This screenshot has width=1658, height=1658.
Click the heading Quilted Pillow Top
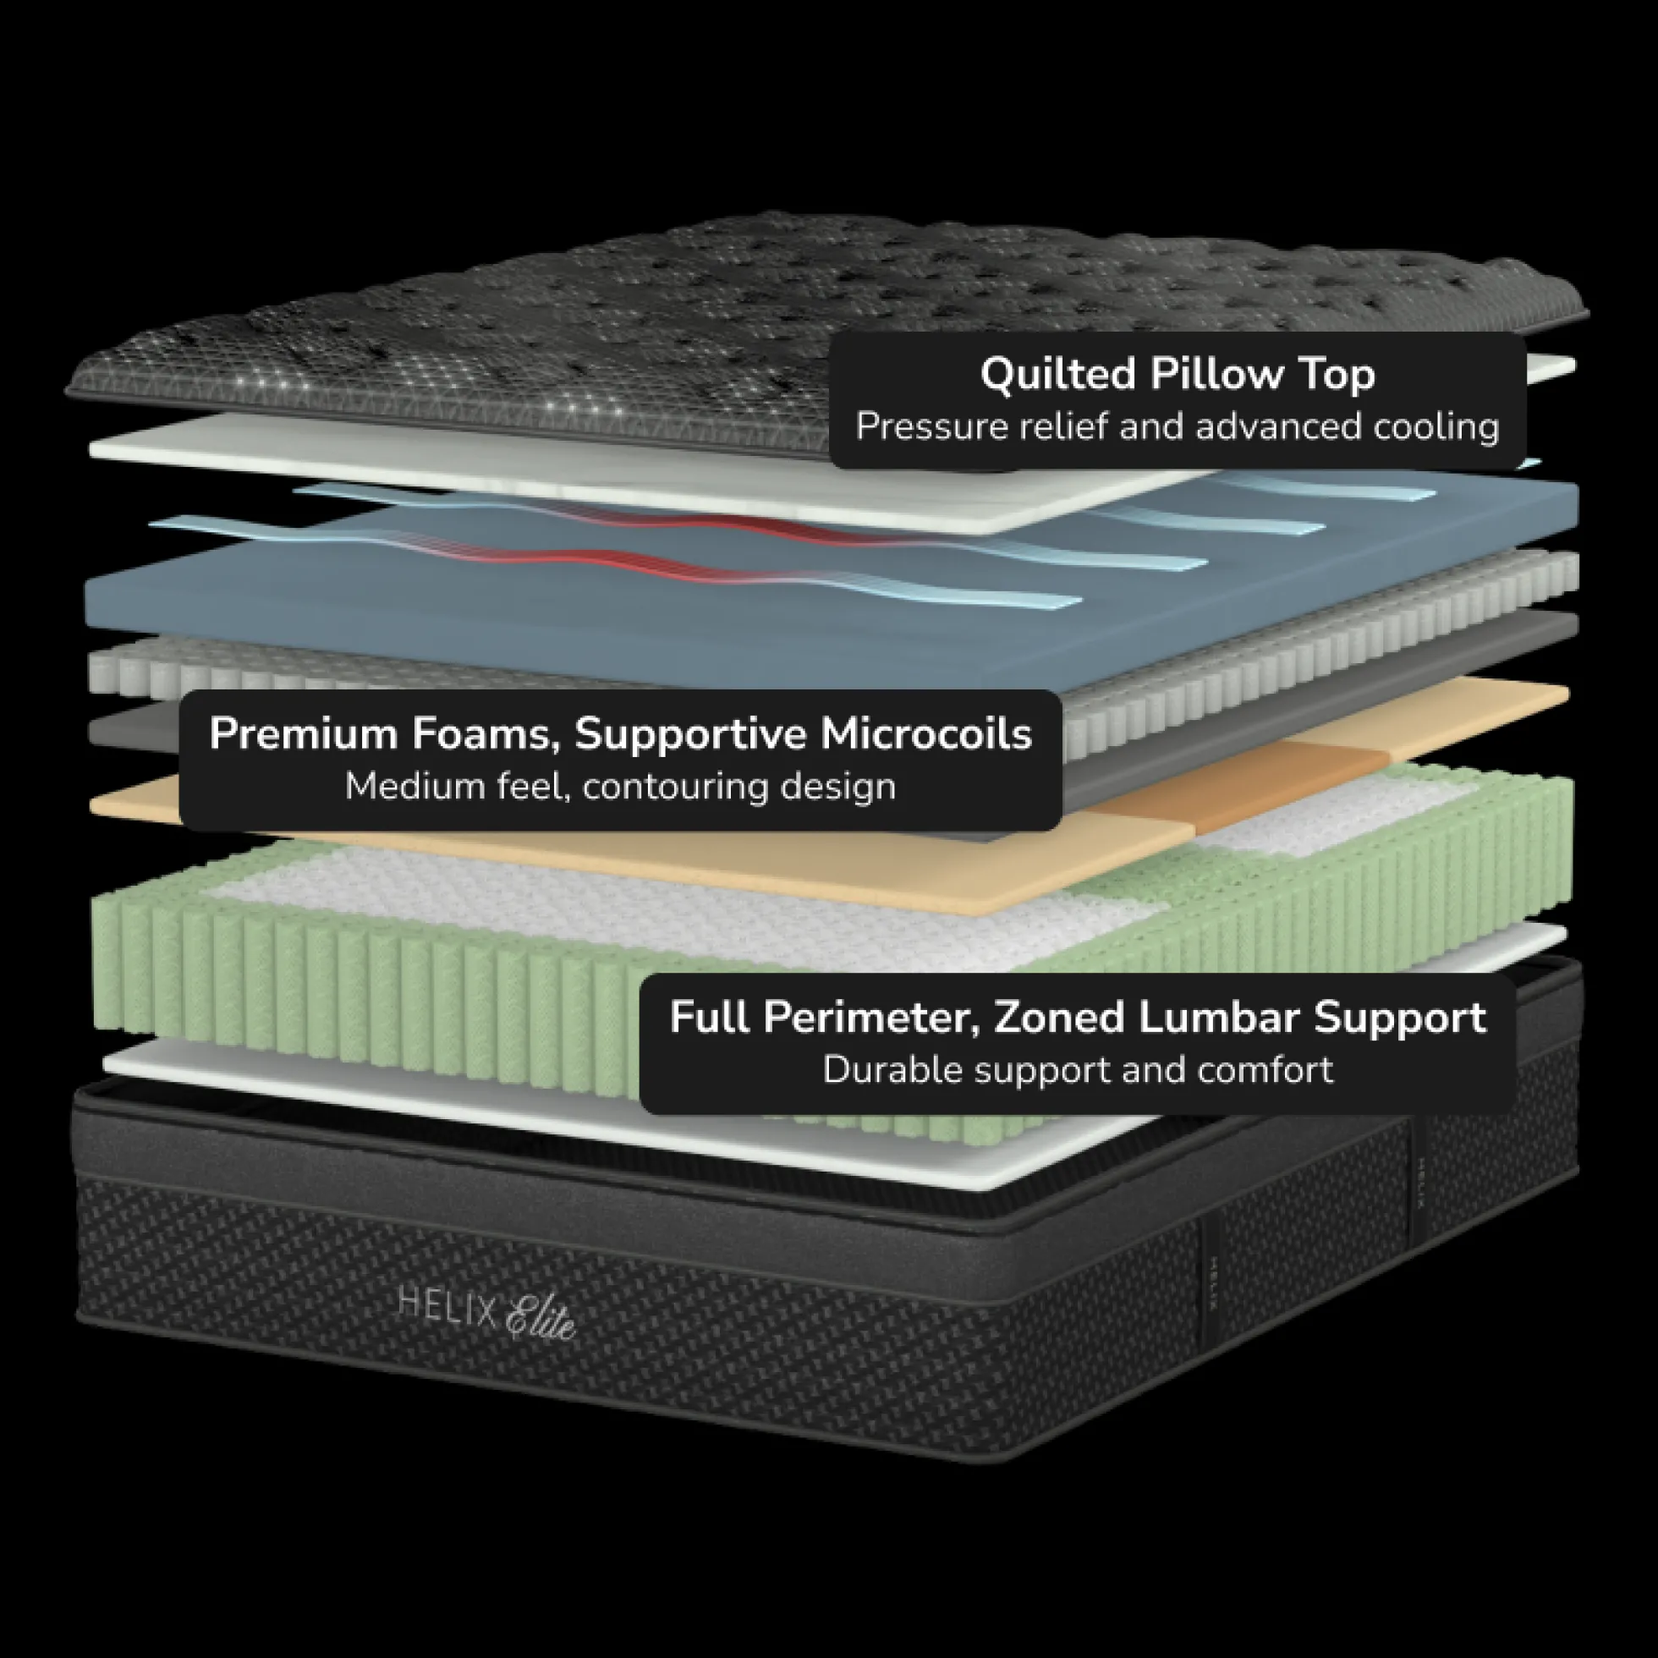[x=1178, y=375]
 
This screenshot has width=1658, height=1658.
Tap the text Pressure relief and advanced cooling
[x=1178, y=427]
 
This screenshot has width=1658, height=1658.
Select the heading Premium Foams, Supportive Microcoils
[x=620, y=733]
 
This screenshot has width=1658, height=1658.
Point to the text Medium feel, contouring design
[x=620, y=786]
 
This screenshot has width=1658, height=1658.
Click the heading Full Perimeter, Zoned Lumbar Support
[x=1078, y=1018]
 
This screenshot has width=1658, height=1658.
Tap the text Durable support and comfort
[x=1078, y=1070]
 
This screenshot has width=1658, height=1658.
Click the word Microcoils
[x=926, y=733]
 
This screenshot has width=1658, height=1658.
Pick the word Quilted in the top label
[x=1057, y=374]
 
